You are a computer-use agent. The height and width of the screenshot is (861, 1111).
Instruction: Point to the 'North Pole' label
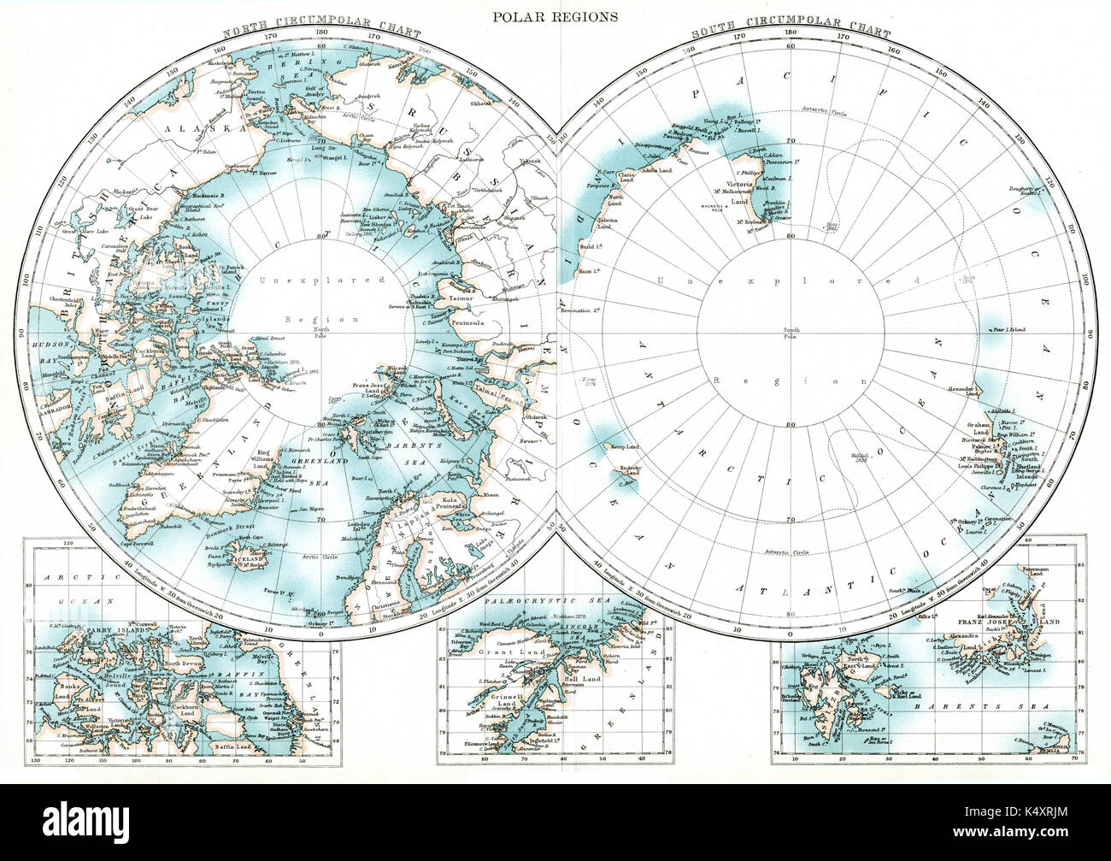pos(322,334)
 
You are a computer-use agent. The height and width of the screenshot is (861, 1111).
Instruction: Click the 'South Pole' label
pos(789,334)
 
